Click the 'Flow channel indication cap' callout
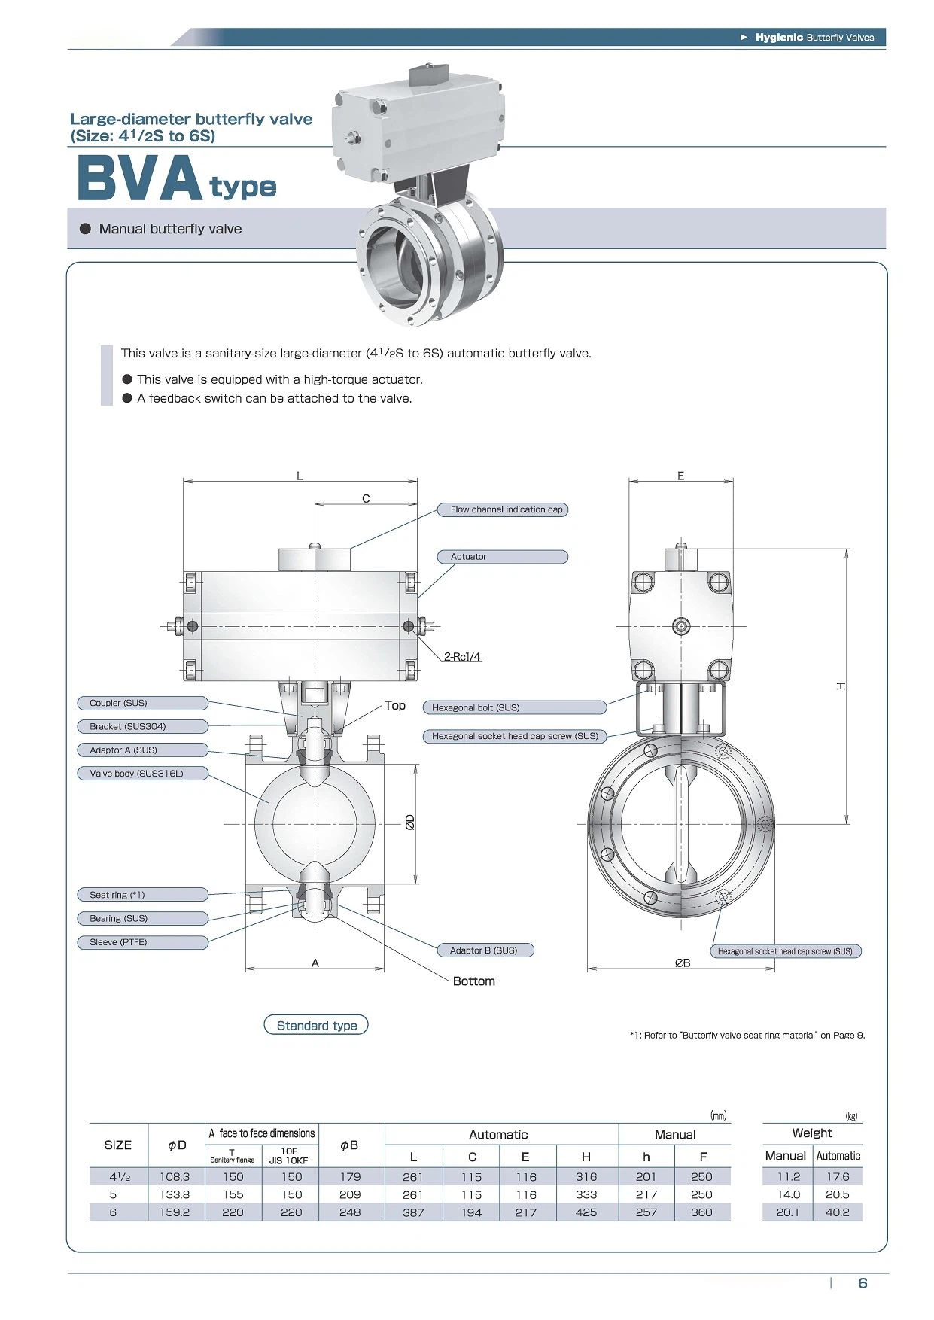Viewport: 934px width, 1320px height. [x=503, y=509]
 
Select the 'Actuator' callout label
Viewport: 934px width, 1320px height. [x=503, y=557]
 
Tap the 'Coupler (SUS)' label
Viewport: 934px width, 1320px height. [x=143, y=703]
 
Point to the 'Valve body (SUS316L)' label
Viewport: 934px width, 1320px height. [x=143, y=774]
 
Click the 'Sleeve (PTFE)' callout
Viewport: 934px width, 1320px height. [x=143, y=942]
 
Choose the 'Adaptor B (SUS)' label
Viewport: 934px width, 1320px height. [x=485, y=950]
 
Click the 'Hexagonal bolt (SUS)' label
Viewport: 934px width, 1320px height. [x=515, y=707]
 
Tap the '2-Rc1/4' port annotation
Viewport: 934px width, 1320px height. [x=462, y=657]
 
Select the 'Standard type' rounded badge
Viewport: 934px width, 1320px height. [x=316, y=1026]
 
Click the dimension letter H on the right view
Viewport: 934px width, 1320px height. [x=841, y=686]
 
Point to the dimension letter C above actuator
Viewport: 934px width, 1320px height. [x=366, y=498]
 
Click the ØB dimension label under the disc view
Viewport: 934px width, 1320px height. [x=682, y=963]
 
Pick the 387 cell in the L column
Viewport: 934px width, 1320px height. [x=413, y=1212]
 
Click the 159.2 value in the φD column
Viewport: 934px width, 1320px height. [x=175, y=1212]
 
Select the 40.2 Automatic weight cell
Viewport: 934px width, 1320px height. [x=837, y=1212]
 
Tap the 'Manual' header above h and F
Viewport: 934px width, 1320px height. [x=674, y=1135]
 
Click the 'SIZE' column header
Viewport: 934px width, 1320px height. [x=118, y=1145]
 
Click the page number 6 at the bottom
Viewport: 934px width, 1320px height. [x=863, y=1283]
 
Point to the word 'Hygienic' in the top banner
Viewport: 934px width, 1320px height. [x=778, y=38]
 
